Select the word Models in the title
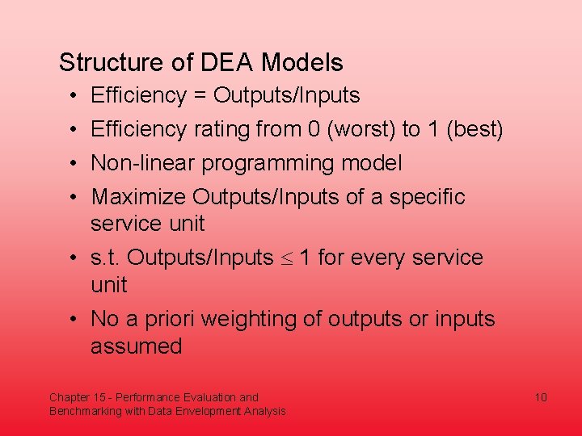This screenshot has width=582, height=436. pyautogui.click(x=302, y=63)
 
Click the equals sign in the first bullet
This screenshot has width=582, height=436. pyautogui.click(x=200, y=96)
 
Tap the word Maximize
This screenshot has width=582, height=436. pyautogui.click(x=138, y=197)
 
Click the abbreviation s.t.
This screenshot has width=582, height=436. pyautogui.click(x=106, y=258)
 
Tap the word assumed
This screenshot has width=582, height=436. pyautogui.click(x=137, y=347)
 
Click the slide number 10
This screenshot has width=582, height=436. pyautogui.click(x=541, y=397)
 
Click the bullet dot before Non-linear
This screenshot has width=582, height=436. pyautogui.click(x=73, y=164)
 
